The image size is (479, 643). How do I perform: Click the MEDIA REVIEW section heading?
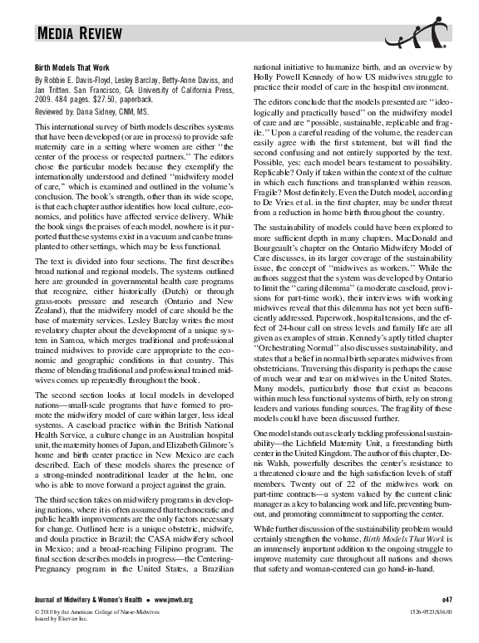click(80, 34)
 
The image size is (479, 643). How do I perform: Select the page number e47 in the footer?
click(445, 621)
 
